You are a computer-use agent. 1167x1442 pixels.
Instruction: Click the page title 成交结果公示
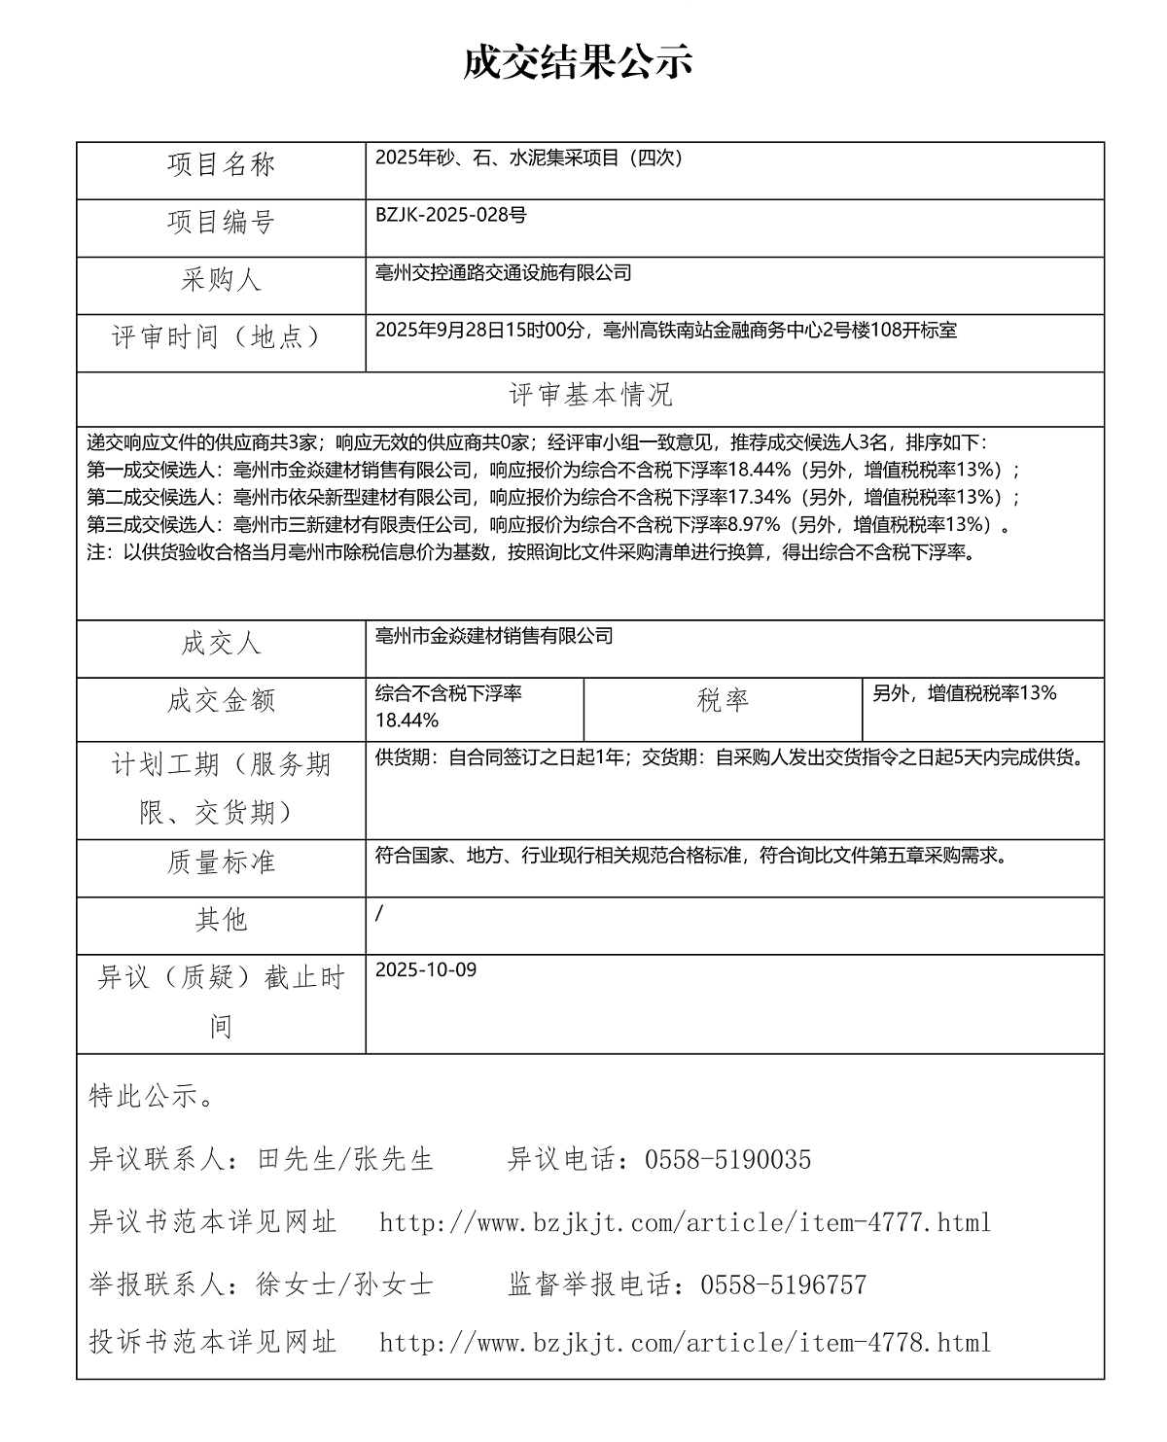pos(577,62)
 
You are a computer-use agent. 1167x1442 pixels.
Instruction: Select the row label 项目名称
pos(222,165)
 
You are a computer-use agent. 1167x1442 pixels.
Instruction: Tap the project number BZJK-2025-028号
pos(451,215)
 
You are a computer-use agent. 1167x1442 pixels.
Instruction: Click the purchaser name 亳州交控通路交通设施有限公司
pos(503,272)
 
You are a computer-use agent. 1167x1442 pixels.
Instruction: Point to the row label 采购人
pos(222,280)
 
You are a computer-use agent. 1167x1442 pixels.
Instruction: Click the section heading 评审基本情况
pos(590,395)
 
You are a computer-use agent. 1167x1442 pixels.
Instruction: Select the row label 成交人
pos(222,644)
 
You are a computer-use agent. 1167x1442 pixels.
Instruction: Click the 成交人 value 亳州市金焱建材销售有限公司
pos(494,636)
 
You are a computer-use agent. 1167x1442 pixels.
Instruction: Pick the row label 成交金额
pos(222,701)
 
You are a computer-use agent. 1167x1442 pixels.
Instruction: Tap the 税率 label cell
pos(723,701)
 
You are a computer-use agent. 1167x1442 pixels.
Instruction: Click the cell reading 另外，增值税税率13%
pos(964,693)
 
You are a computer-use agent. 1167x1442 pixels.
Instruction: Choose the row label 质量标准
pos(222,862)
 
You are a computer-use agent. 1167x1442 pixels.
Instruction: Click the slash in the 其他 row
pos(379,912)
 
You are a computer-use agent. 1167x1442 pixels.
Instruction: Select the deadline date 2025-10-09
pos(426,969)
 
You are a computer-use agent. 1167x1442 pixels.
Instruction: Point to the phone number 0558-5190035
pos(727,1159)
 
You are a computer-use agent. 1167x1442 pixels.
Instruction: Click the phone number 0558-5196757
pos(783,1285)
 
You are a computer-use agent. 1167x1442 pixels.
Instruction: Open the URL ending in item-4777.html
pos(685,1222)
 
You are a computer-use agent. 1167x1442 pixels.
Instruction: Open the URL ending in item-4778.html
pos(685,1343)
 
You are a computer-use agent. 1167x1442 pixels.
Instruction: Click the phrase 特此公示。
pos(152,1097)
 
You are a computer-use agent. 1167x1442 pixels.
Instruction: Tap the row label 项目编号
pos(222,223)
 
